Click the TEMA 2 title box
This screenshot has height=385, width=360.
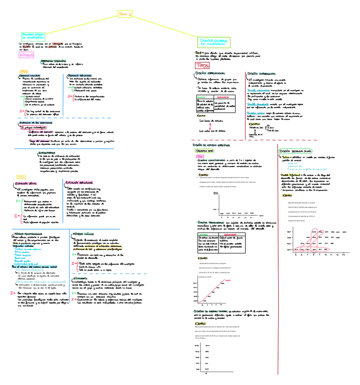[x=125, y=15]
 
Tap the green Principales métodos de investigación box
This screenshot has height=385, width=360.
[x=34, y=35]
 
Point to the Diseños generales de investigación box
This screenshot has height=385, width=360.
[x=212, y=42]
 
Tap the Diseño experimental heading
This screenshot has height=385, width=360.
[x=264, y=73]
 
